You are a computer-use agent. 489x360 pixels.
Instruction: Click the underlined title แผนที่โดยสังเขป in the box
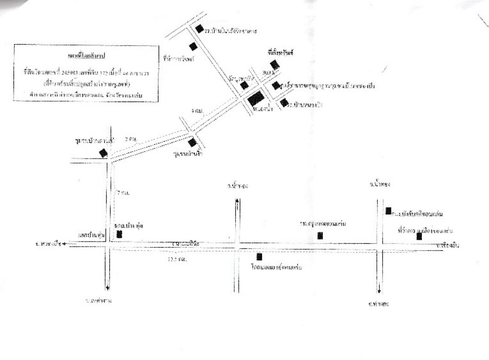click(x=86, y=55)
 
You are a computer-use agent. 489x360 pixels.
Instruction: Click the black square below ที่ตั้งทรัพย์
click(x=275, y=65)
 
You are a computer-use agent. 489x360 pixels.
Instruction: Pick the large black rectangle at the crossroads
click(x=256, y=98)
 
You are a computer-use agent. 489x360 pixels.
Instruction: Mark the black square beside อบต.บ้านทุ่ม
click(x=119, y=234)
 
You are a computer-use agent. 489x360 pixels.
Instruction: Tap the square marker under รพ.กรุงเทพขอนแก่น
click(x=320, y=235)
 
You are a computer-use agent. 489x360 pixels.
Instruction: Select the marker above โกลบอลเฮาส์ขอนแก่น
click(x=259, y=257)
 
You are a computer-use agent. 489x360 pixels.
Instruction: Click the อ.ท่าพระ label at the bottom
click(x=378, y=304)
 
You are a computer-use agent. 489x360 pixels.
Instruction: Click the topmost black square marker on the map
click(x=199, y=29)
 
